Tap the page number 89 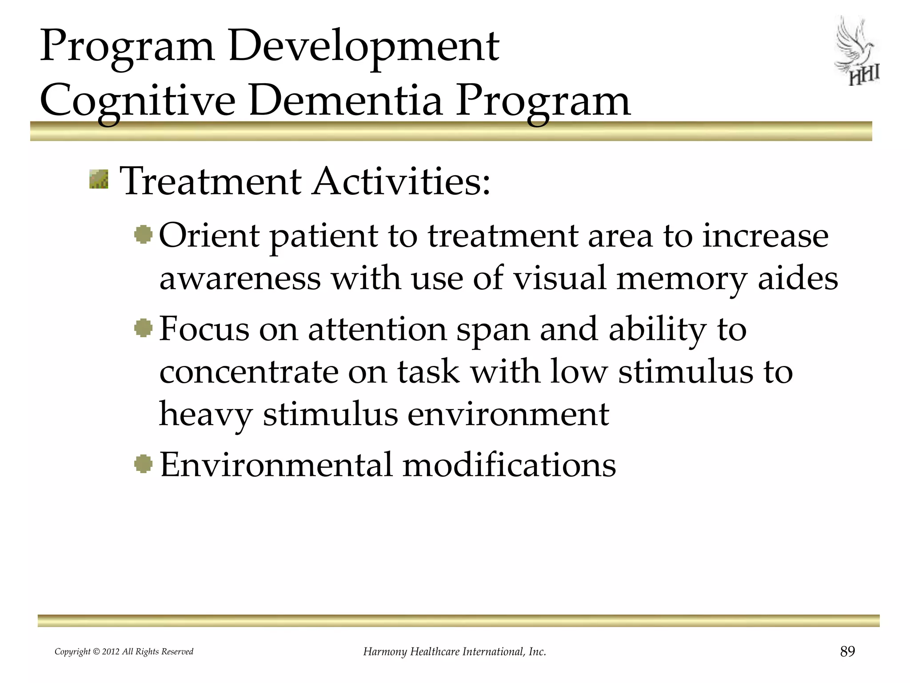click(847, 651)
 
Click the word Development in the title click(363, 46)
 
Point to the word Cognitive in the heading click(137, 101)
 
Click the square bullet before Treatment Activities click(99, 179)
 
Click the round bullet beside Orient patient click(144, 234)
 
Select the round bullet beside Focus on click(144, 329)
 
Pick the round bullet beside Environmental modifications click(144, 464)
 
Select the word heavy click(206, 414)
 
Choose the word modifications click(509, 465)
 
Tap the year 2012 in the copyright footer click(111, 652)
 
